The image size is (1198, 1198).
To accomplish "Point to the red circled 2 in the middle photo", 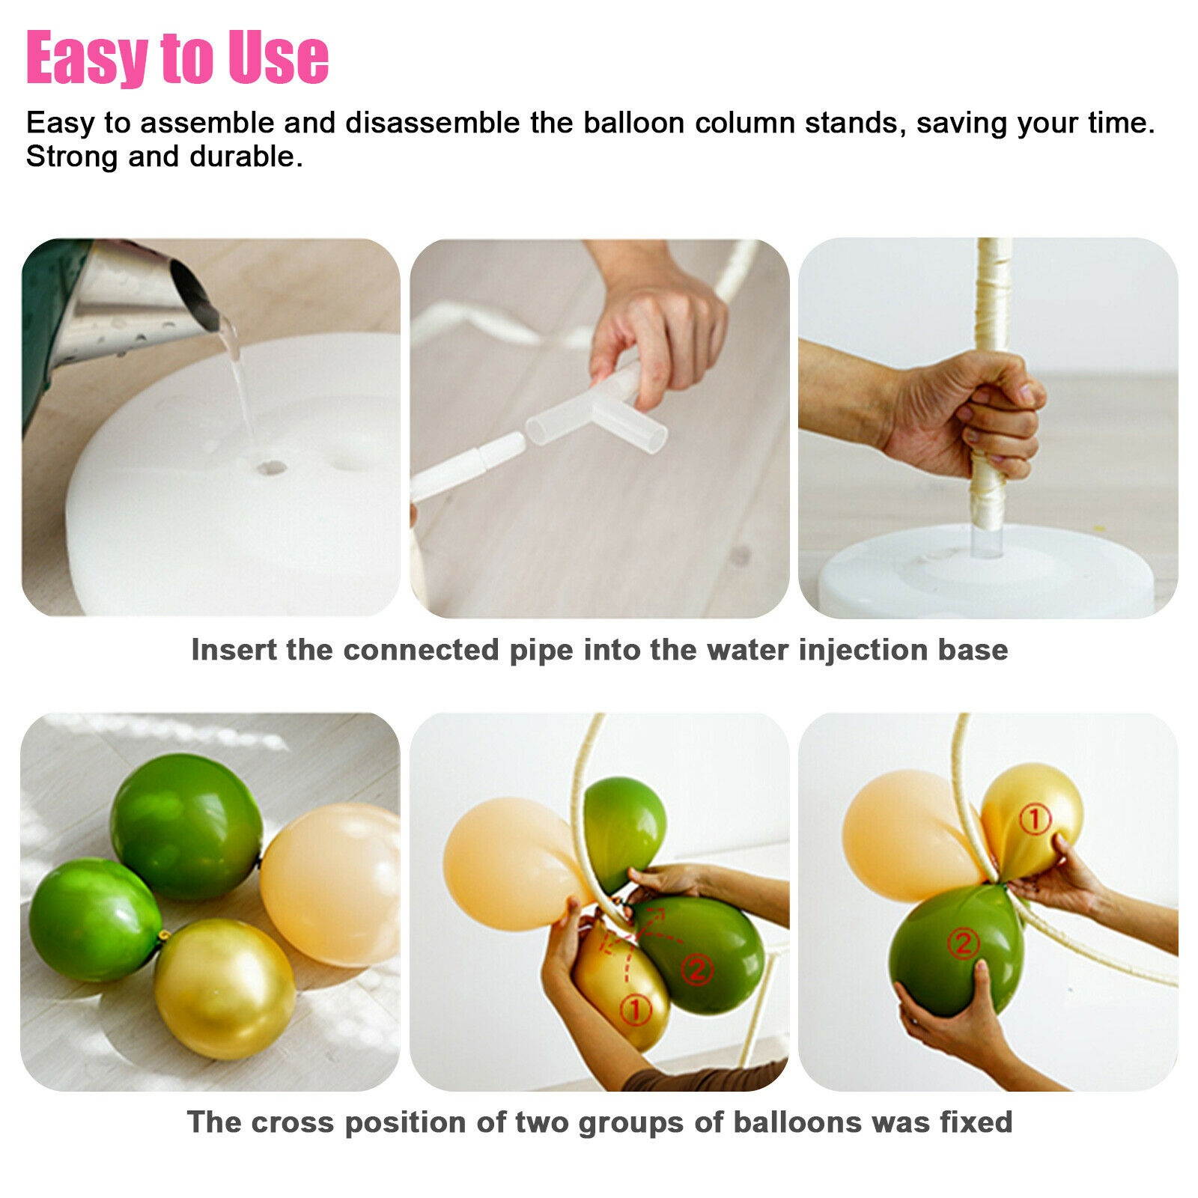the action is tap(696, 970).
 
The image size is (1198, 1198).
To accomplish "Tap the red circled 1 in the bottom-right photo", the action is tap(1036, 819).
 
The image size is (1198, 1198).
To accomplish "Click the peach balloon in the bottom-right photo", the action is tap(910, 835).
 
